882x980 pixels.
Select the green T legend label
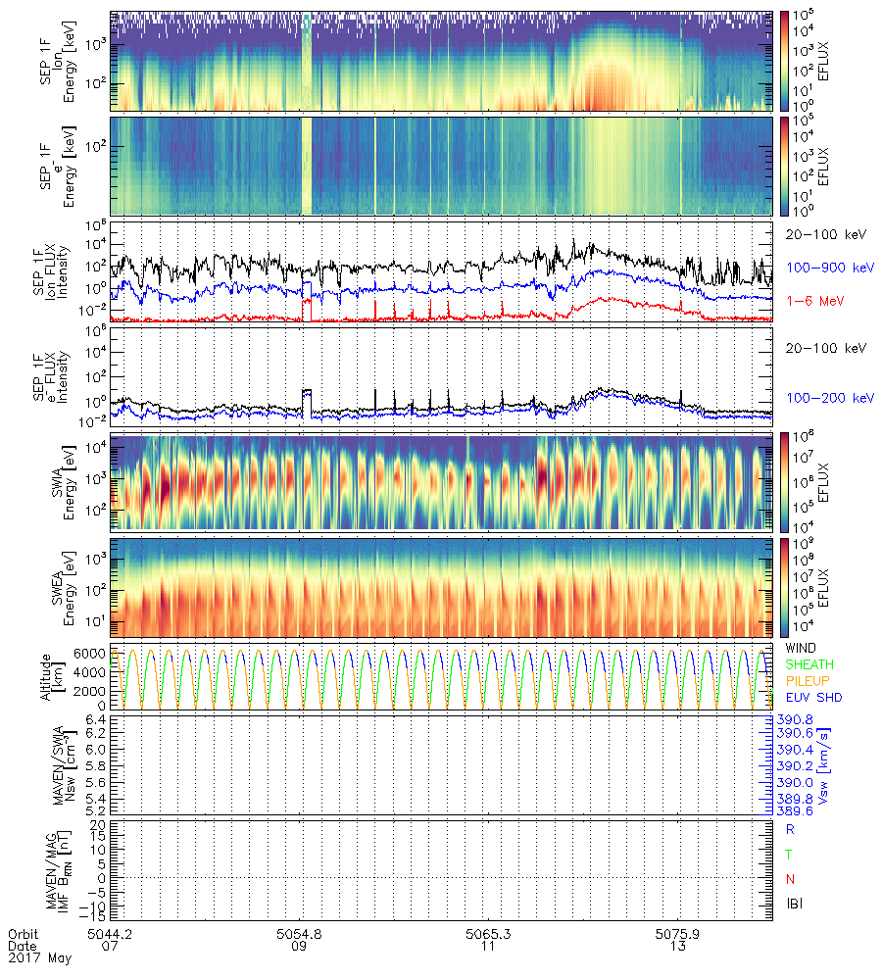point(790,854)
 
